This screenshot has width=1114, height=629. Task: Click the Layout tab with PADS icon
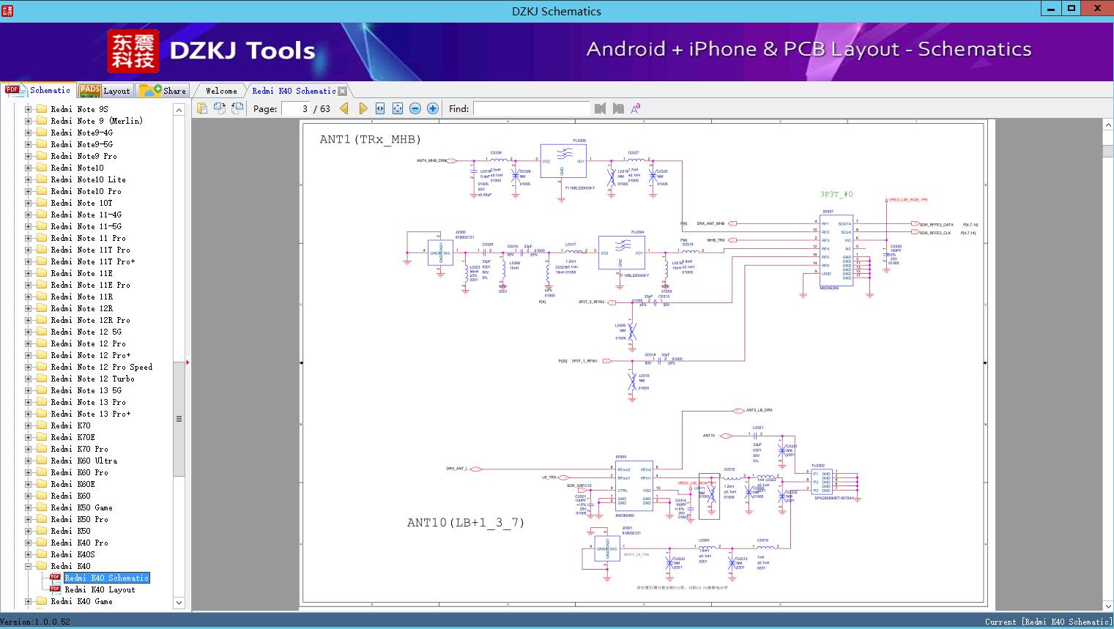click(x=105, y=91)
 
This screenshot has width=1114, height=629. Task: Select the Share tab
click(x=163, y=91)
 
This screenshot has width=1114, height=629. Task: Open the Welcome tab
click(x=220, y=91)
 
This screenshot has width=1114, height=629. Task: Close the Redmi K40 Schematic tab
click(x=343, y=91)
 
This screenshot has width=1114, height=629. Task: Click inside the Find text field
click(x=531, y=108)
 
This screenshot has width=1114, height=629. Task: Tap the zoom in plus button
click(x=433, y=108)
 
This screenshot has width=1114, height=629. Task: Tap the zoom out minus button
click(x=415, y=108)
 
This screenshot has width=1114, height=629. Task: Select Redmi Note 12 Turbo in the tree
click(x=92, y=379)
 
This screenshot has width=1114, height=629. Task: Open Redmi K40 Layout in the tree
click(x=100, y=589)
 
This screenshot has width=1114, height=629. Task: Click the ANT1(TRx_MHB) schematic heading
click(x=370, y=139)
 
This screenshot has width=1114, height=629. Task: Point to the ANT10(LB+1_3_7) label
click(x=466, y=522)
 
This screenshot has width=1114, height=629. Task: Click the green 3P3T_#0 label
click(x=836, y=195)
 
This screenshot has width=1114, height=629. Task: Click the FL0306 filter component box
click(x=563, y=161)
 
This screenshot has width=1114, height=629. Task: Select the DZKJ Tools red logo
click(x=133, y=51)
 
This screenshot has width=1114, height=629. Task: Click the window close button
click(x=1097, y=9)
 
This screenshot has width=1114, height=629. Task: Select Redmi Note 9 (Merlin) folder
click(x=96, y=121)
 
